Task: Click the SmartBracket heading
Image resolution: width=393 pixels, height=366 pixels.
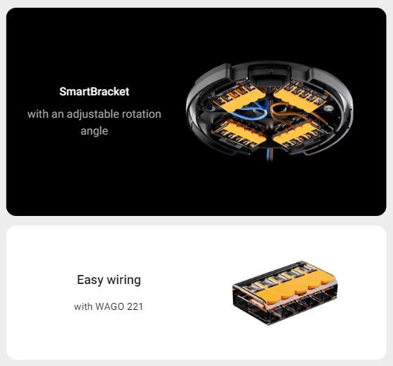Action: [x=94, y=91]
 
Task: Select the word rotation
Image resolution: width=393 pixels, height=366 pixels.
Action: [x=141, y=114]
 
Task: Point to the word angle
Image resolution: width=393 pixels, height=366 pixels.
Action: [x=94, y=131]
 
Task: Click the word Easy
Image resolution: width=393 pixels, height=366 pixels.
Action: [x=90, y=280]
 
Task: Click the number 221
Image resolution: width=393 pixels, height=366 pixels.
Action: [x=135, y=306]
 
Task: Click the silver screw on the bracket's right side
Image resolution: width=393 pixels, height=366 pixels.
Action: [x=328, y=108]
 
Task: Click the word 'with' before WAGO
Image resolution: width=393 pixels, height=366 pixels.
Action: [x=84, y=306]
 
